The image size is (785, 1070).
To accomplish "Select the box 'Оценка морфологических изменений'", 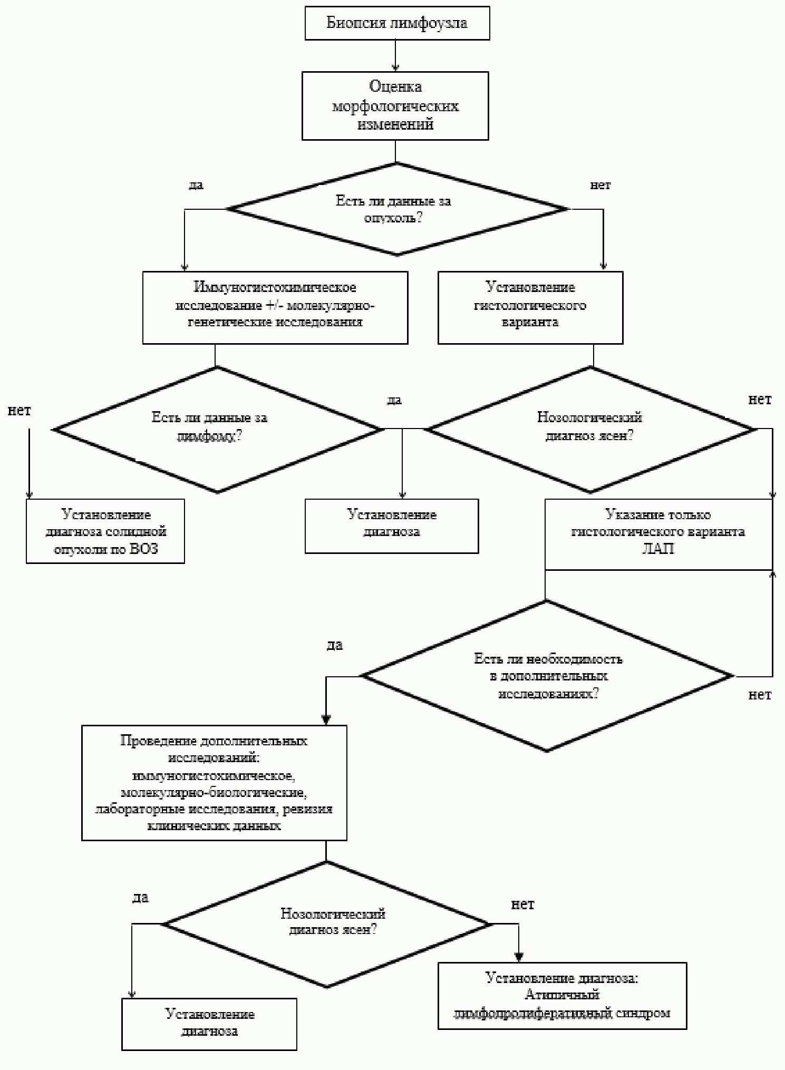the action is click(395, 105).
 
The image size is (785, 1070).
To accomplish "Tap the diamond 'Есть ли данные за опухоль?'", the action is click(398, 209).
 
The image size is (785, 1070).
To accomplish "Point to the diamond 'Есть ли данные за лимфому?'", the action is click(218, 429).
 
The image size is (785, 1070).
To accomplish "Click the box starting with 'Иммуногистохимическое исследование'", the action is click(275, 308).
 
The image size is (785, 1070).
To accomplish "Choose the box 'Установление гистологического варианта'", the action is click(530, 308).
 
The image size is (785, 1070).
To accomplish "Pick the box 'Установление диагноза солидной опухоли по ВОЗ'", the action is click(105, 531).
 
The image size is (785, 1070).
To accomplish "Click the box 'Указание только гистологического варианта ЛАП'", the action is click(658, 534).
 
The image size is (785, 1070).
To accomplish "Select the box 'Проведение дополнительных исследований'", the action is click(214, 783).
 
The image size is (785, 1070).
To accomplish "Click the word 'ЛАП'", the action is click(658, 549).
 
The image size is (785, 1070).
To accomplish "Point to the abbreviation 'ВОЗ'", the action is click(143, 549).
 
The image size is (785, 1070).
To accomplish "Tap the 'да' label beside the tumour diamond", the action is click(196, 185).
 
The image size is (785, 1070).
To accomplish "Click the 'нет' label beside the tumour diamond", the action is click(600, 185).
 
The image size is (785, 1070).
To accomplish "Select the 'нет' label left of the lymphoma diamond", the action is click(20, 411).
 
